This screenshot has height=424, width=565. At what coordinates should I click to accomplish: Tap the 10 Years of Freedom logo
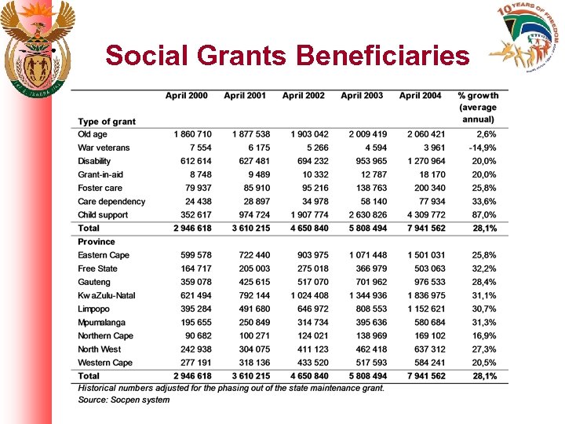pos(526,39)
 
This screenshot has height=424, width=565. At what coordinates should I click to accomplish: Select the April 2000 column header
pos(187,96)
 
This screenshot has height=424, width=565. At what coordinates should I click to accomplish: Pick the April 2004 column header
pos(420,96)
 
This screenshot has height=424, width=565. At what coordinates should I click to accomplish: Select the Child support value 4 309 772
pos(425,215)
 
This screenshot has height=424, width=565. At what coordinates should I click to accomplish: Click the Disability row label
pos(94,161)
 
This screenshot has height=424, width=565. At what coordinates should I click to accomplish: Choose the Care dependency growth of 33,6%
pos(482,202)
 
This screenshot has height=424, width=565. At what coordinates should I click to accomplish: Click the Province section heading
pos(96,242)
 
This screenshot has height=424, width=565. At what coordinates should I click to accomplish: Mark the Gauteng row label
pos(94,282)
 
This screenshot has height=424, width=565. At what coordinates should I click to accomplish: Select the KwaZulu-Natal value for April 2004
pos(425,295)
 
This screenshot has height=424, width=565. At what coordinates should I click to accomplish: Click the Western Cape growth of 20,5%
pos(482,363)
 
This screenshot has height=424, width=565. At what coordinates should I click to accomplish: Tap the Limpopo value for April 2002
pos(309,309)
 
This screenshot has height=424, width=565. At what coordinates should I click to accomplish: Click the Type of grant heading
pos(106,121)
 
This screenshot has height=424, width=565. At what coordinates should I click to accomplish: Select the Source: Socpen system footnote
pos(123,400)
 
